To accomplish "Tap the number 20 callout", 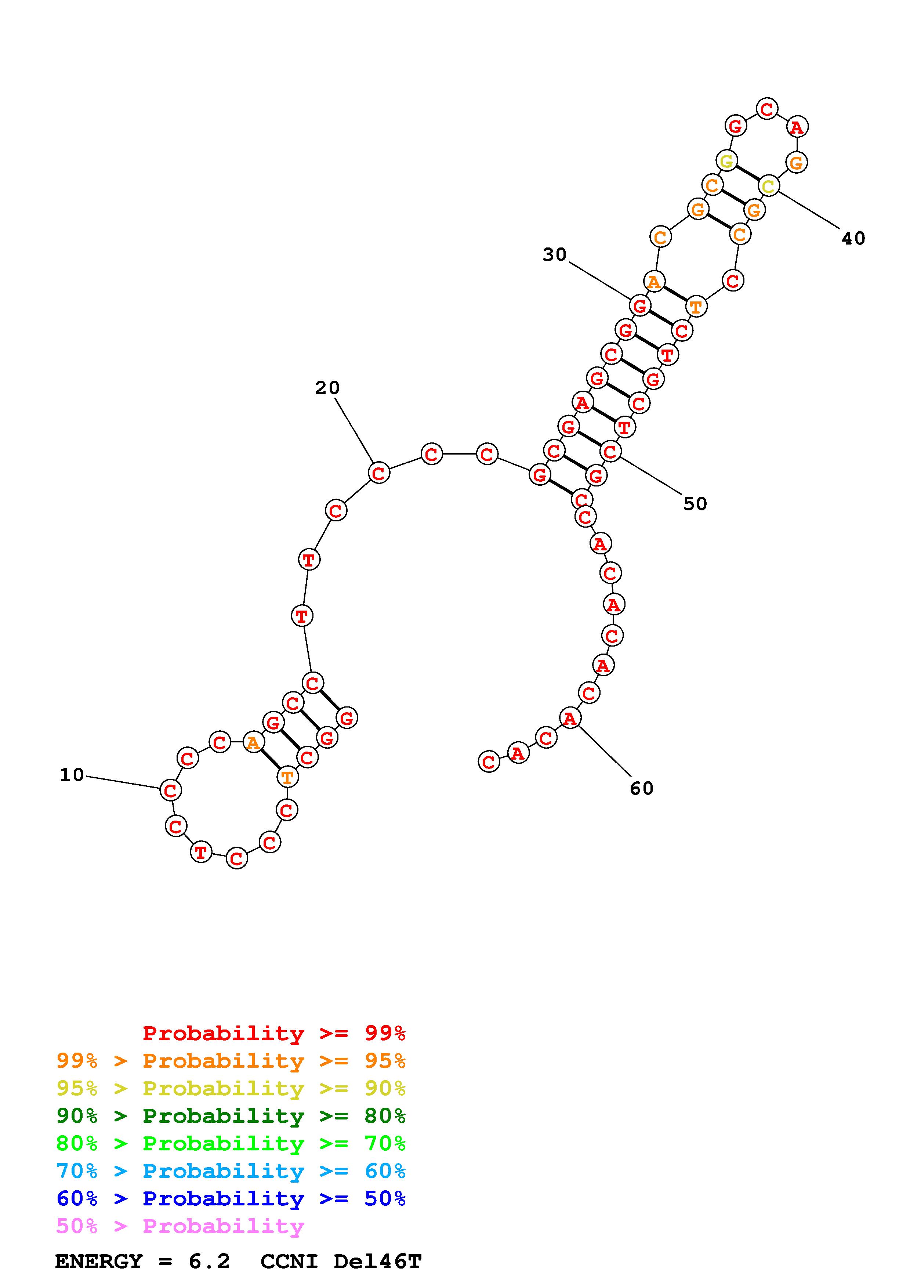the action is (x=327, y=388).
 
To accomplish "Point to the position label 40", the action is (x=853, y=238).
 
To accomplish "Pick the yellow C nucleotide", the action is (x=768, y=186).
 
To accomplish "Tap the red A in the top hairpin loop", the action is (x=797, y=127).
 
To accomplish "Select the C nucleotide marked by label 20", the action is (x=379, y=473).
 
